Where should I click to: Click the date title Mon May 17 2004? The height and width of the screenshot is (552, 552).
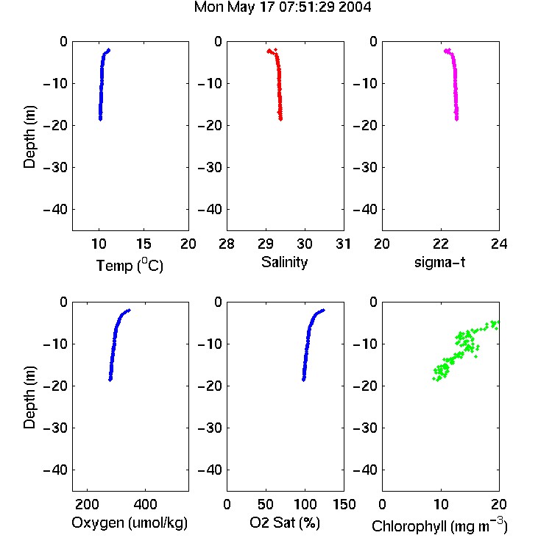pyautogui.click(x=283, y=7)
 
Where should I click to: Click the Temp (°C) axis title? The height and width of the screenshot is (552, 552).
pyautogui.click(x=130, y=265)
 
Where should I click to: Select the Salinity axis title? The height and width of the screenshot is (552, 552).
pyautogui.click(x=284, y=262)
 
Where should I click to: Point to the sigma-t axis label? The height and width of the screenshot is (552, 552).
pyautogui.click(x=439, y=262)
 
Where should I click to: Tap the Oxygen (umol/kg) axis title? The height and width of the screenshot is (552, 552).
pyautogui.click(x=130, y=523)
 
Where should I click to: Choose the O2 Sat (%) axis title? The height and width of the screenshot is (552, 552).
pyautogui.click(x=285, y=523)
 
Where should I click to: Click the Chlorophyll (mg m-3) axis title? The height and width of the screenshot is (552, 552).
pyautogui.click(x=439, y=526)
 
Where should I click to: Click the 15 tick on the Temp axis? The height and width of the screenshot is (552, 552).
pyautogui.click(x=144, y=244)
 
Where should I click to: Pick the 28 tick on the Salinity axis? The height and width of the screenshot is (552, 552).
pyautogui.click(x=227, y=244)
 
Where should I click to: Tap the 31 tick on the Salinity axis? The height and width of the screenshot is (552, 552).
pyautogui.click(x=343, y=244)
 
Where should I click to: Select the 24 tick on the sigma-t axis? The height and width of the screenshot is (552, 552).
pyautogui.click(x=499, y=244)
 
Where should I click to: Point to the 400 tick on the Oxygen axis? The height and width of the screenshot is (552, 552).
pyautogui.click(x=145, y=504)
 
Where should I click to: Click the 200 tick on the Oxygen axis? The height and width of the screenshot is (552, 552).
pyautogui.click(x=87, y=504)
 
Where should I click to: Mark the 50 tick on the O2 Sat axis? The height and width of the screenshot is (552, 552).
pyautogui.click(x=266, y=504)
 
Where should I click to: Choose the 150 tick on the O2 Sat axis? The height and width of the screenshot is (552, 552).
pyautogui.click(x=344, y=504)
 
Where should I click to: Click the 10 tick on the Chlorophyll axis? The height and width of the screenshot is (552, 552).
pyautogui.click(x=441, y=504)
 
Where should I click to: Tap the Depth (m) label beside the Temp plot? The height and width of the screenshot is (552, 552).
pyautogui.click(x=29, y=137)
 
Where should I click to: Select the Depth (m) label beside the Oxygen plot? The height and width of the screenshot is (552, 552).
pyautogui.click(x=29, y=397)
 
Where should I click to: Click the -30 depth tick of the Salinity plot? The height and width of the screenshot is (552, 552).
pyautogui.click(x=210, y=167)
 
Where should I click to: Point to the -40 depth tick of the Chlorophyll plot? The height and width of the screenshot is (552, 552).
pyautogui.click(x=365, y=470)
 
